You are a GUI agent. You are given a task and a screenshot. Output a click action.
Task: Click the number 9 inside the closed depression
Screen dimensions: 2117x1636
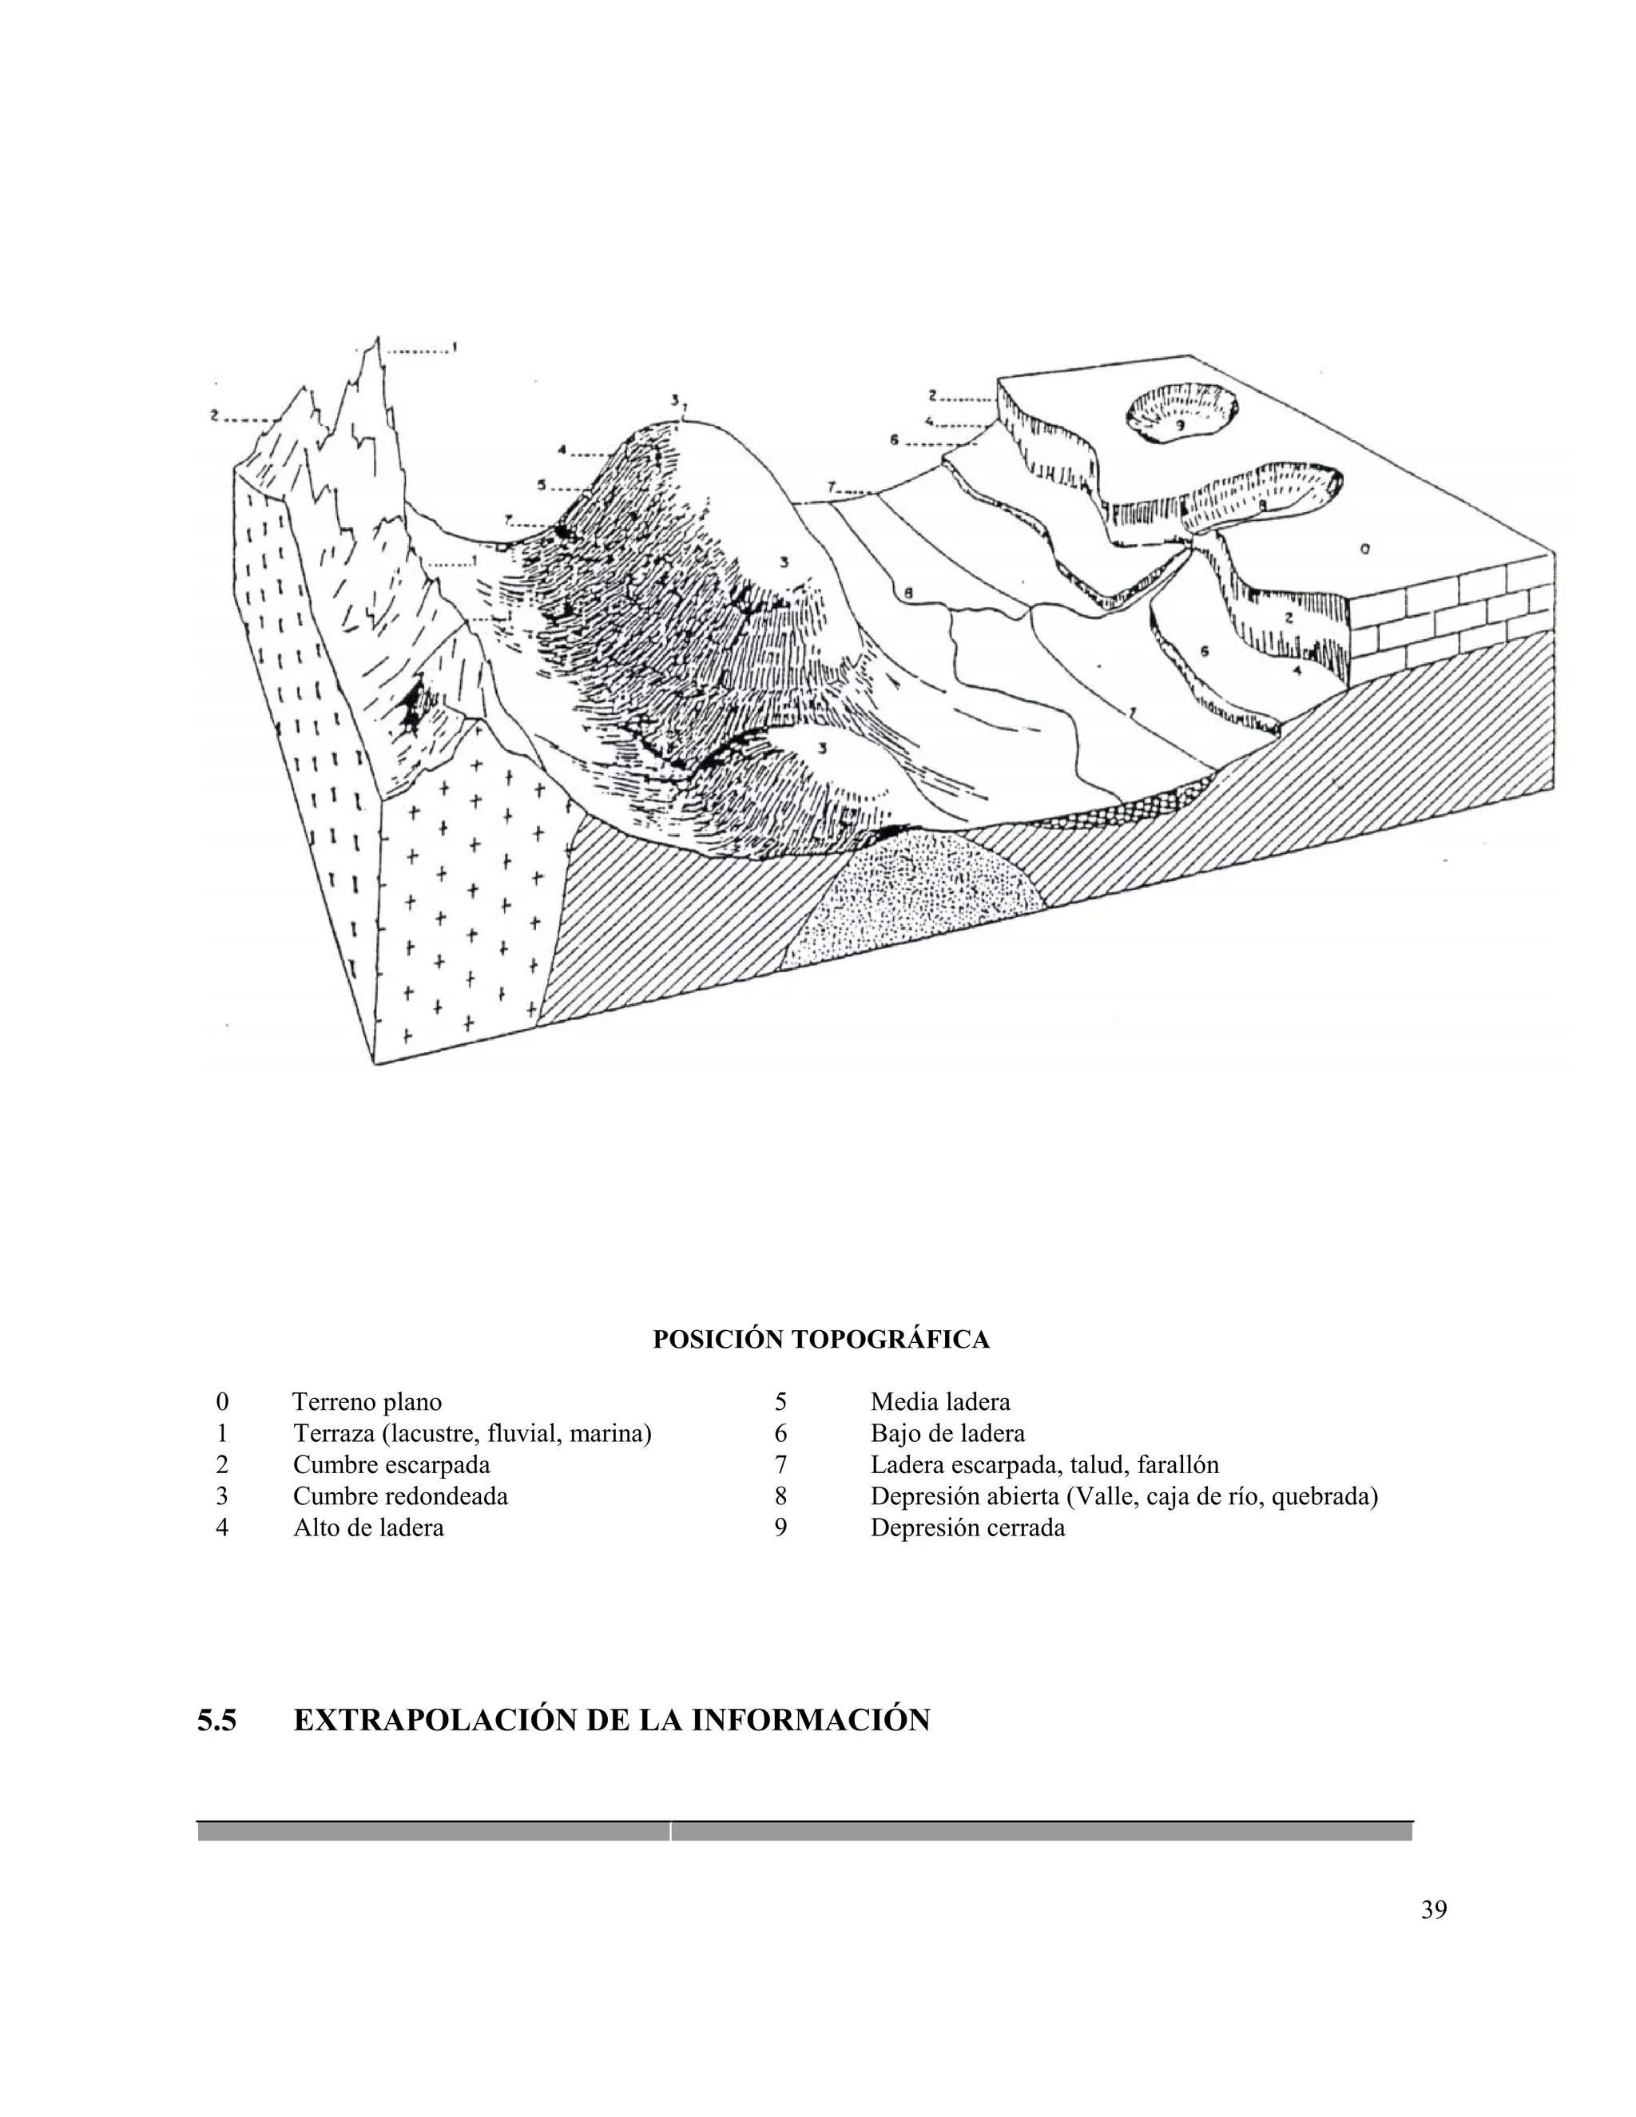(1181, 424)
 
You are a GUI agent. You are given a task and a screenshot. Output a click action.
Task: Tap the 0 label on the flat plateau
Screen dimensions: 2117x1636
(1364, 550)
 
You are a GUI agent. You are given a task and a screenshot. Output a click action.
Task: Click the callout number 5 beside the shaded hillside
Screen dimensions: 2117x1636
(542, 485)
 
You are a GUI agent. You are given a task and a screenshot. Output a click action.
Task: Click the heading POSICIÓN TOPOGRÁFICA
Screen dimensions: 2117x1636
(821, 1340)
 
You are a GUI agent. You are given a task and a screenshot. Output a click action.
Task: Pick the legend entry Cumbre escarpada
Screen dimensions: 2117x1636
(391, 1464)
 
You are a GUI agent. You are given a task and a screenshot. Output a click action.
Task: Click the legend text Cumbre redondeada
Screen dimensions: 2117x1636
(400, 1495)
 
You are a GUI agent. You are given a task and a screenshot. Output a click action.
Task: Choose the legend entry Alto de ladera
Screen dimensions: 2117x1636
(368, 1527)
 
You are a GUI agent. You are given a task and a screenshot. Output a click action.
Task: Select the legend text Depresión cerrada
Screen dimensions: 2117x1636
(967, 1527)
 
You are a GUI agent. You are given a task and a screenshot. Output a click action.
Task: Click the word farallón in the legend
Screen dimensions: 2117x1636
(1177, 1464)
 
